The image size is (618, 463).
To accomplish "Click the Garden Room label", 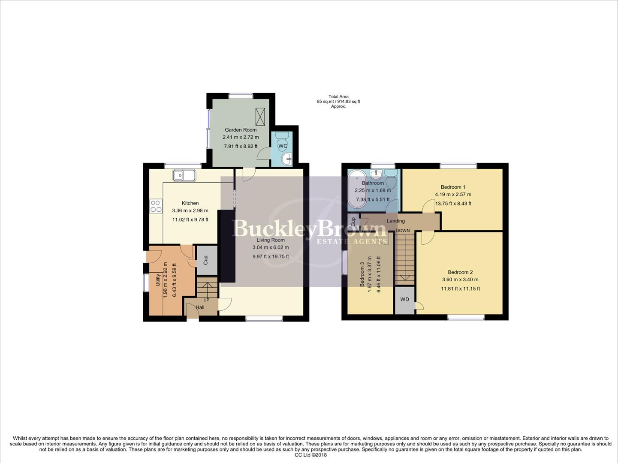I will [x=241, y=130].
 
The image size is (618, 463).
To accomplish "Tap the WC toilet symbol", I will [x=282, y=137].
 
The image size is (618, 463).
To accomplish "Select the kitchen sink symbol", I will [x=184, y=175].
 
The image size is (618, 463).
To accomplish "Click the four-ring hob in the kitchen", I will [x=156, y=206].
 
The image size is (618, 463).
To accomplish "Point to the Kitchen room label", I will [x=190, y=203].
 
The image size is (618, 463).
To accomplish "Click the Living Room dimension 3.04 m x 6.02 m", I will [x=270, y=247].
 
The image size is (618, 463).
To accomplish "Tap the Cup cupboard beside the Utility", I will [x=206, y=260].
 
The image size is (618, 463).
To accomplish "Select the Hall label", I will [x=200, y=307].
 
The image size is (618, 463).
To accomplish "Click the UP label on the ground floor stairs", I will [x=206, y=300].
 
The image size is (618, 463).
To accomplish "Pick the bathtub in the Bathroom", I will [x=356, y=189].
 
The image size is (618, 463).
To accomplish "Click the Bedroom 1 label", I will [x=453, y=187].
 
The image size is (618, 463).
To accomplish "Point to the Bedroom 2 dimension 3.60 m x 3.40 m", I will [x=460, y=280].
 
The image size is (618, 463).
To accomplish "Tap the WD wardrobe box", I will [x=404, y=300].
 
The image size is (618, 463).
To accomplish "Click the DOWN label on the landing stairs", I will [x=403, y=231].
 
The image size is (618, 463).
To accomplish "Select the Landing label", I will [x=395, y=221].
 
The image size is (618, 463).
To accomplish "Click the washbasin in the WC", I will [x=286, y=159].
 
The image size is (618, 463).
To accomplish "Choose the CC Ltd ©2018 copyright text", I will [x=311, y=455].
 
